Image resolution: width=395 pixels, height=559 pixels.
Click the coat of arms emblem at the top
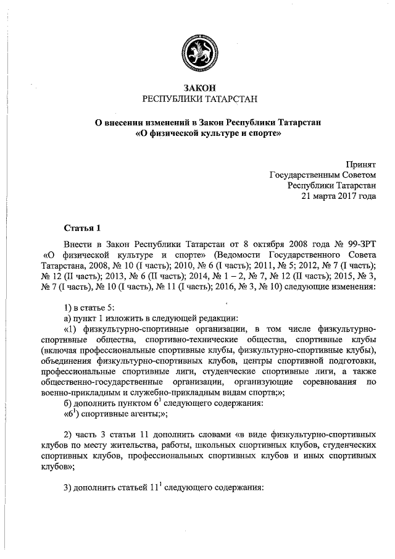[197, 51]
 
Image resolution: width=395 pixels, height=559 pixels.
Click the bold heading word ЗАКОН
[197, 87]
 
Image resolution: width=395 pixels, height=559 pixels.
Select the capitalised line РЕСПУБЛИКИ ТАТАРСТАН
[197, 99]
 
